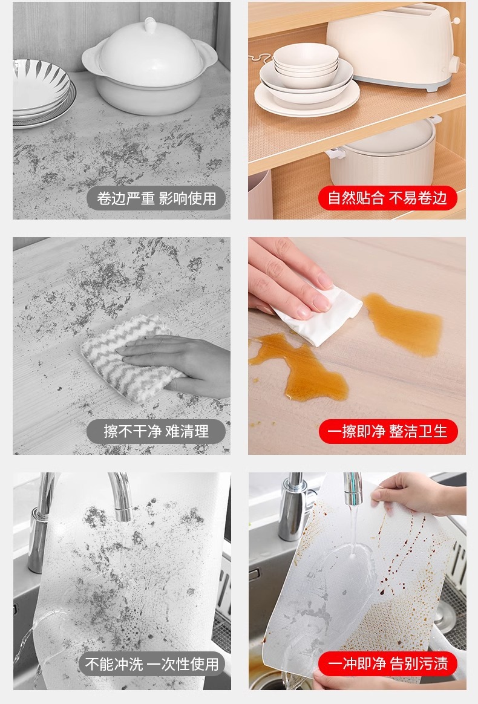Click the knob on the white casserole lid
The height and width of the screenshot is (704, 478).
pyautogui.click(x=149, y=25)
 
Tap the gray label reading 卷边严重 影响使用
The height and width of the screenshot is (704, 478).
pyautogui.click(x=156, y=198)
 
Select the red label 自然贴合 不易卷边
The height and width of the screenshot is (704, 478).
pyautogui.click(x=387, y=198)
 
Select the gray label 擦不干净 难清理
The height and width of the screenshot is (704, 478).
pyautogui.click(x=156, y=431)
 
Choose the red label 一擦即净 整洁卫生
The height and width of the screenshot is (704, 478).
pyautogui.click(x=388, y=431)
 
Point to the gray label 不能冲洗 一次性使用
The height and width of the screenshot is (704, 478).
pyautogui.click(x=152, y=663)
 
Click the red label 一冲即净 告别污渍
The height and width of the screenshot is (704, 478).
pyautogui.click(x=388, y=663)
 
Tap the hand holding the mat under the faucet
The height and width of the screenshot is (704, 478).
pyautogui.click(x=410, y=494)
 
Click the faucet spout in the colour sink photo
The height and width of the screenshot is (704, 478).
pyautogui.click(x=353, y=489)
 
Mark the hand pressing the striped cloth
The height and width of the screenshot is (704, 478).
pyautogui.click(x=180, y=363)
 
